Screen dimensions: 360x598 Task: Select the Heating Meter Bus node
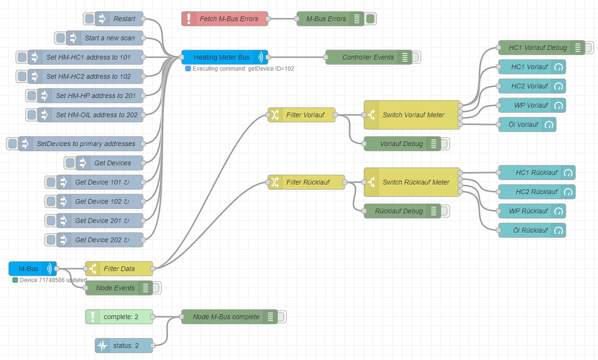(x=222, y=57)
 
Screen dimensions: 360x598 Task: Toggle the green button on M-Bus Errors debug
(x=370, y=19)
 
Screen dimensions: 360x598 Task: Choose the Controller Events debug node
(x=368, y=57)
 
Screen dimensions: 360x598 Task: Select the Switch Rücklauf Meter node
(x=416, y=182)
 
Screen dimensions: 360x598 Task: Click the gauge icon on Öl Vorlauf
(x=549, y=124)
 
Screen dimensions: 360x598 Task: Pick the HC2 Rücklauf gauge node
(x=537, y=192)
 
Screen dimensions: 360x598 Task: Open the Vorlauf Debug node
(x=402, y=144)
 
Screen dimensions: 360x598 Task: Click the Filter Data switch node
(x=119, y=269)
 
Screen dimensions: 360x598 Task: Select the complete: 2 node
(x=121, y=317)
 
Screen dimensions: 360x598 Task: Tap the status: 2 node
(x=126, y=346)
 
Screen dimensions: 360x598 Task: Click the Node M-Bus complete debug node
(x=226, y=317)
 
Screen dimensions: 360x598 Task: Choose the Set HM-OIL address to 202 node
(x=96, y=115)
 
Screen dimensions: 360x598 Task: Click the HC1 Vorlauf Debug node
(x=537, y=48)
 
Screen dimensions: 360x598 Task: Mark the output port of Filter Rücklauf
(x=345, y=182)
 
